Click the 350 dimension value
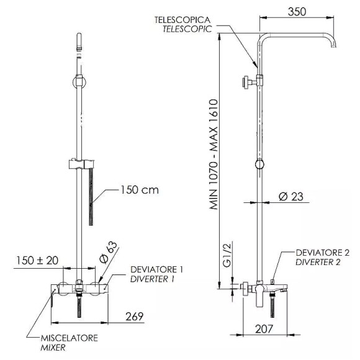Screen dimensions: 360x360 coord(297,12)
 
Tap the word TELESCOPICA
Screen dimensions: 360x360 coord(182,20)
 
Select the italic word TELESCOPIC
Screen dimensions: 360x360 coord(187,29)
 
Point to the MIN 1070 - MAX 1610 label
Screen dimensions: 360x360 coord(214,154)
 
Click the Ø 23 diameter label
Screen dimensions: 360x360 coord(291,197)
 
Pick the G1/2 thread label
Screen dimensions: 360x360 coord(227,255)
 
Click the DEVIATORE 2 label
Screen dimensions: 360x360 coord(323,253)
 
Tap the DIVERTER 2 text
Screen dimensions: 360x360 coord(318,262)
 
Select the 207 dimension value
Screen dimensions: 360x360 coord(264,329)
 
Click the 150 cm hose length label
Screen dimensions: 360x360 coord(140,190)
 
